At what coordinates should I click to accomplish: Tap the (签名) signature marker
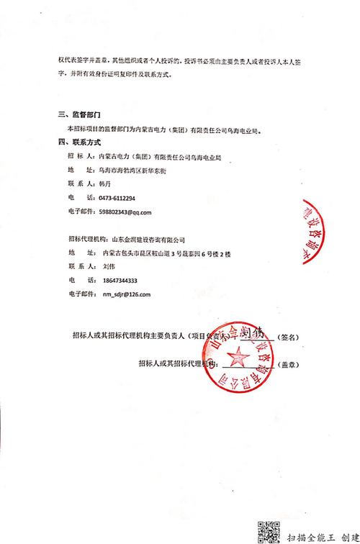coord(289,336)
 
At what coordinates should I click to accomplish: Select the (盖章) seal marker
coord(289,364)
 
